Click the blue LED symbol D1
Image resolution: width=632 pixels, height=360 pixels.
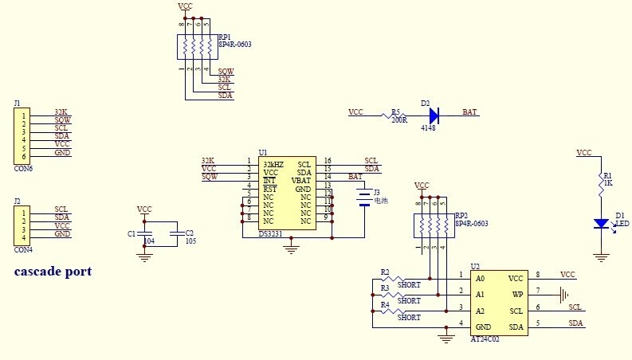click(603, 224)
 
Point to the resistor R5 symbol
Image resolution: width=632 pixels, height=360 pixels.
click(392, 115)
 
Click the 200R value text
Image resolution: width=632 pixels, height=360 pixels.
click(399, 121)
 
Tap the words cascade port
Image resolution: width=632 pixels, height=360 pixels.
click(53, 272)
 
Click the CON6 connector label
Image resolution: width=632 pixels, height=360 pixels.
click(23, 169)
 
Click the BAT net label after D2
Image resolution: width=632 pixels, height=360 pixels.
click(469, 112)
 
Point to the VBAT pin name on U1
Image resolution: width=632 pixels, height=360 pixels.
click(300, 181)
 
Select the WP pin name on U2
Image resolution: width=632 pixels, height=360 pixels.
click(517, 294)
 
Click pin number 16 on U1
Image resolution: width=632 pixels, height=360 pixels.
click(328, 162)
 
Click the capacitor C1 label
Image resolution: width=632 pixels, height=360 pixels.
click(132, 233)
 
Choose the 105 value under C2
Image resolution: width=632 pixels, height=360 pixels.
click(190, 240)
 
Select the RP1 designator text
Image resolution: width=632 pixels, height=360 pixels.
click(225, 37)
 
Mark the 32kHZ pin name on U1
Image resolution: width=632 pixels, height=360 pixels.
click(273, 164)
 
